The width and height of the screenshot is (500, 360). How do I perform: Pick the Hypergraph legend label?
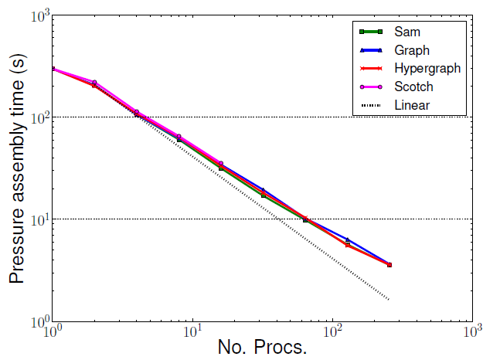tap(427, 68)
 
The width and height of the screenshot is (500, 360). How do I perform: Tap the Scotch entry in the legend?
tap(413, 87)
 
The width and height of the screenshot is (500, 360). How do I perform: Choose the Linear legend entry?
tap(412, 105)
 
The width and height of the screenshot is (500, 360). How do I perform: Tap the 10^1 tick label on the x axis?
tap(193, 332)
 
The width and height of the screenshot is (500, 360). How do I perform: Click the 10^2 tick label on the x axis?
tap(333, 332)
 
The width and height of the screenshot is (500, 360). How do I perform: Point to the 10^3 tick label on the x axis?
tap(472, 332)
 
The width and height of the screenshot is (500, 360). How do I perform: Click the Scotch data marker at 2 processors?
tap(94, 83)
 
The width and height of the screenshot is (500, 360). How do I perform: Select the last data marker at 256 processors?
tap(389, 265)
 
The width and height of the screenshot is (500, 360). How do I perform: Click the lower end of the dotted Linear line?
tap(389, 299)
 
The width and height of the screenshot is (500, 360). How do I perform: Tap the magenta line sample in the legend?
tap(372, 87)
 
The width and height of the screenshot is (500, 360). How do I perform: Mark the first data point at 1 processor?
tap(53, 69)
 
